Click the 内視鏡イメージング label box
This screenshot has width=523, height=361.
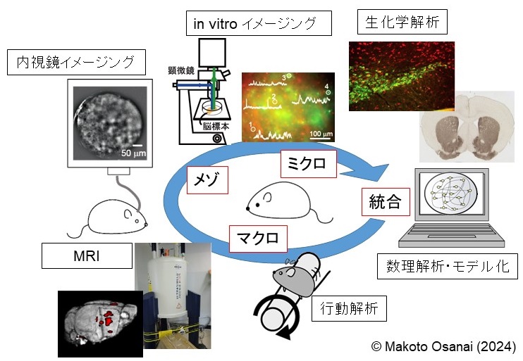pos(75,63)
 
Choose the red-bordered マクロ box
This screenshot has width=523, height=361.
pos(258,236)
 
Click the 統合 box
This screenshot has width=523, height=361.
pos(385,203)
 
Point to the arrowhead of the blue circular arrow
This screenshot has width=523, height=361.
pos(376,173)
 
